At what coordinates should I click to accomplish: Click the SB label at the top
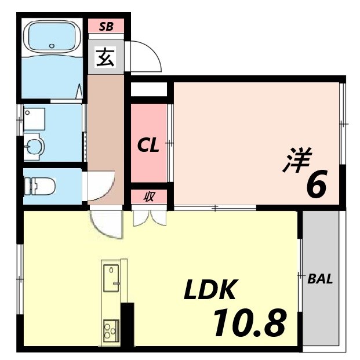pos(106,26)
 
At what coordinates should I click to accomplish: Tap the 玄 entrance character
pos(105,59)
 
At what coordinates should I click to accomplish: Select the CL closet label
pos(148,146)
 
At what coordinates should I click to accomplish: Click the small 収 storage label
pos(149,197)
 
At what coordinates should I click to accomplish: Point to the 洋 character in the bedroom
pos(297,161)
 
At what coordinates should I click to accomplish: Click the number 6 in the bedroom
pos(315,185)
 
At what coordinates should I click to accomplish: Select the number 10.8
pos(249,322)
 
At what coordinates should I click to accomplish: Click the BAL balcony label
pos(320,279)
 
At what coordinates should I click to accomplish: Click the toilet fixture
pos(41,187)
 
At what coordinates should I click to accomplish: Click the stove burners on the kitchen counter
pos(110,331)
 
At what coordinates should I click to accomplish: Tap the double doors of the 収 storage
pos(149,217)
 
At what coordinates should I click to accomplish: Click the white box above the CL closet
pos(149,90)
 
